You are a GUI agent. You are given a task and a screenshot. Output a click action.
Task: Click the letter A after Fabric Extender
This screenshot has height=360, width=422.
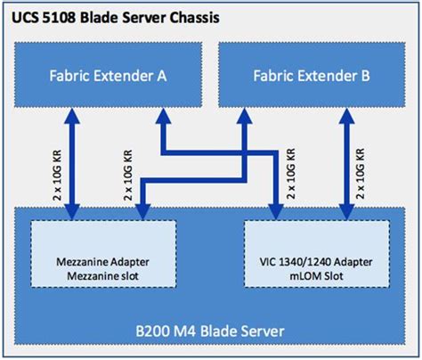pyautogui.click(x=163, y=76)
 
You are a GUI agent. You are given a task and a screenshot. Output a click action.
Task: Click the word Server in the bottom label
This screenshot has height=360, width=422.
pyautogui.click(x=262, y=331)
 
